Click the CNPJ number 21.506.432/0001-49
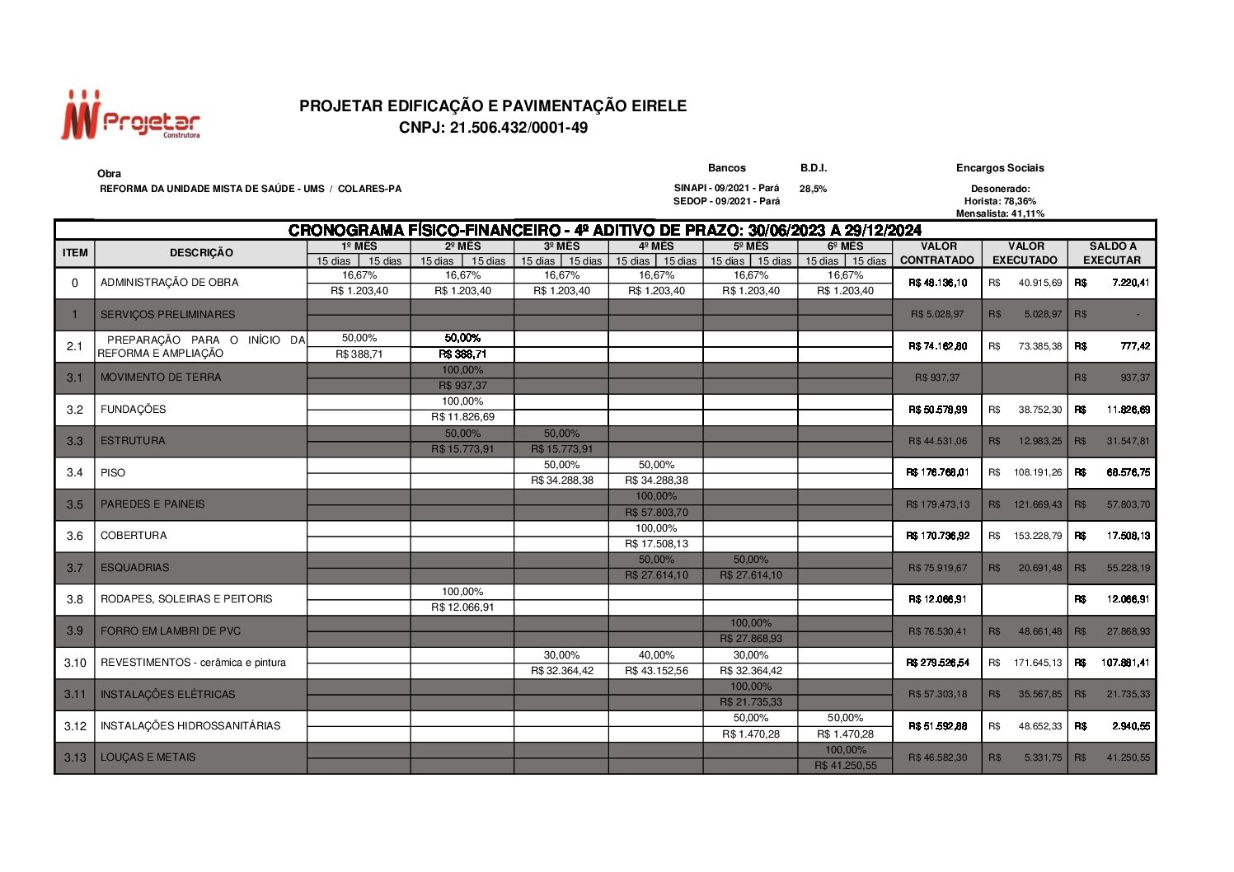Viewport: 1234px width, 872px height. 493,128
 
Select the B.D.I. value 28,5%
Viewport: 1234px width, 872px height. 813,189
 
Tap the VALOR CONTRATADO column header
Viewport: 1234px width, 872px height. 937,253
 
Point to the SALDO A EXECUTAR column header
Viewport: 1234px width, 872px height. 1111,253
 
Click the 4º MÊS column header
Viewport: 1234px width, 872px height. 656,246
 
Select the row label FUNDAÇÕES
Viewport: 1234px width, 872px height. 134,410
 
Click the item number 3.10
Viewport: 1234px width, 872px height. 75,663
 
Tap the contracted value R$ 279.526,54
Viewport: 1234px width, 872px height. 937,663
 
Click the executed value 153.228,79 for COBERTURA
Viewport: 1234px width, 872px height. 1038,536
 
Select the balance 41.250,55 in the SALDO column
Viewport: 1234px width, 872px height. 1128,757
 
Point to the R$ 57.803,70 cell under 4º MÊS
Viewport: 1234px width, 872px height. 656,513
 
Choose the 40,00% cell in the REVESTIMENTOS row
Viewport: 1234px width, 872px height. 656,655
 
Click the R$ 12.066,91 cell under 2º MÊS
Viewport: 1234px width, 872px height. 462,607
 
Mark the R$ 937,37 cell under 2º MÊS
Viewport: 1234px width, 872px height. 462,386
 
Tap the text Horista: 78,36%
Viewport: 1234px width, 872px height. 1000,201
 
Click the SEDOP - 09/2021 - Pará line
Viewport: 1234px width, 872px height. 726,201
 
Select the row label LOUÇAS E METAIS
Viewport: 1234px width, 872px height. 148,757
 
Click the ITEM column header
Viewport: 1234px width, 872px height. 75,253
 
